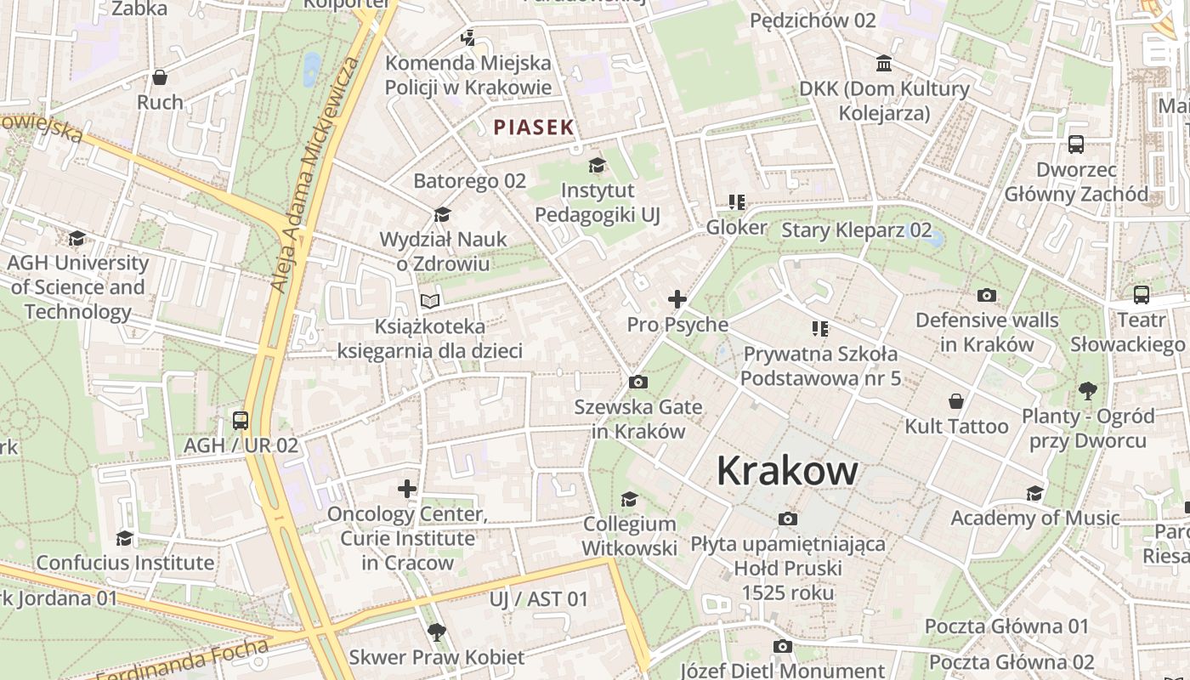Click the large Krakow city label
pyautogui.click(x=787, y=470)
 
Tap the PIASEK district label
pyautogui.click(x=534, y=127)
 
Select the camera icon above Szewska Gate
pyautogui.click(x=638, y=382)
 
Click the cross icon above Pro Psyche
pyautogui.click(x=677, y=299)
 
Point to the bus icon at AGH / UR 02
pyautogui.click(x=241, y=420)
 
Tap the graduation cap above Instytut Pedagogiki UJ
pyautogui.click(x=598, y=165)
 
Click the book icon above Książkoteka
pyautogui.click(x=430, y=301)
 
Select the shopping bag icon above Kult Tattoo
pyautogui.click(x=956, y=401)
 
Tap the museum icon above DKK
pyautogui.click(x=884, y=64)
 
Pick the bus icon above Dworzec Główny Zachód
pyautogui.click(x=1076, y=144)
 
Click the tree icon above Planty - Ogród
pyautogui.click(x=1087, y=391)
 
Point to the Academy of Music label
pyautogui.click(x=1034, y=518)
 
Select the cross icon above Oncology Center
pyautogui.click(x=407, y=489)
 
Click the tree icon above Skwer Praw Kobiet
pyautogui.click(x=437, y=632)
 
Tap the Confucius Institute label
pyautogui.click(x=125, y=563)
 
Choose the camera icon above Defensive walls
pyautogui.click(x=987, y=296)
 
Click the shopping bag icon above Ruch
pyautogui.click(x=160, y=78)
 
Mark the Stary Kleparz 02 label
pyautogui.click(x=856, y=230)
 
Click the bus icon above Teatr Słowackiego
pyautogui.click(x=1142, y=295)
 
